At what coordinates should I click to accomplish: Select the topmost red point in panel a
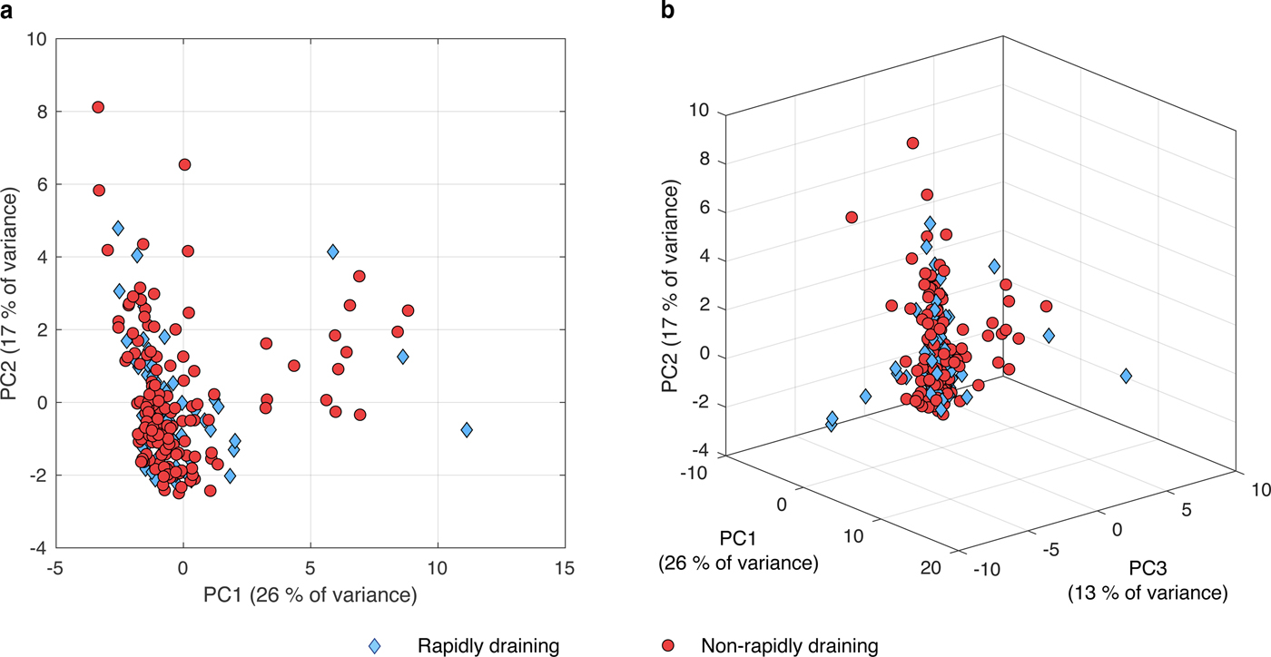[x=98, y=107]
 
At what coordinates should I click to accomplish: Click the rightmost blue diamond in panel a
[x=467, y=429]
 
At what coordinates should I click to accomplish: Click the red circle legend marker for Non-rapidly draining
[x=669, y=646]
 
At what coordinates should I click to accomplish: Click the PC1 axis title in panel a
[x=310, y=595]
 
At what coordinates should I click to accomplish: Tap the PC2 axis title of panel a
[x=13, y=295]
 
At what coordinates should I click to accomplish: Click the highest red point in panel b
[x=912, y=142]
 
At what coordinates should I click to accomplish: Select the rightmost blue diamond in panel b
[x=1126, y=376]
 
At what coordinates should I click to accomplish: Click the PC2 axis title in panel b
[x=672, y=284]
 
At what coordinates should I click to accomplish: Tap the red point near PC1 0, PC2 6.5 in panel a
[x=184, y=164]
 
